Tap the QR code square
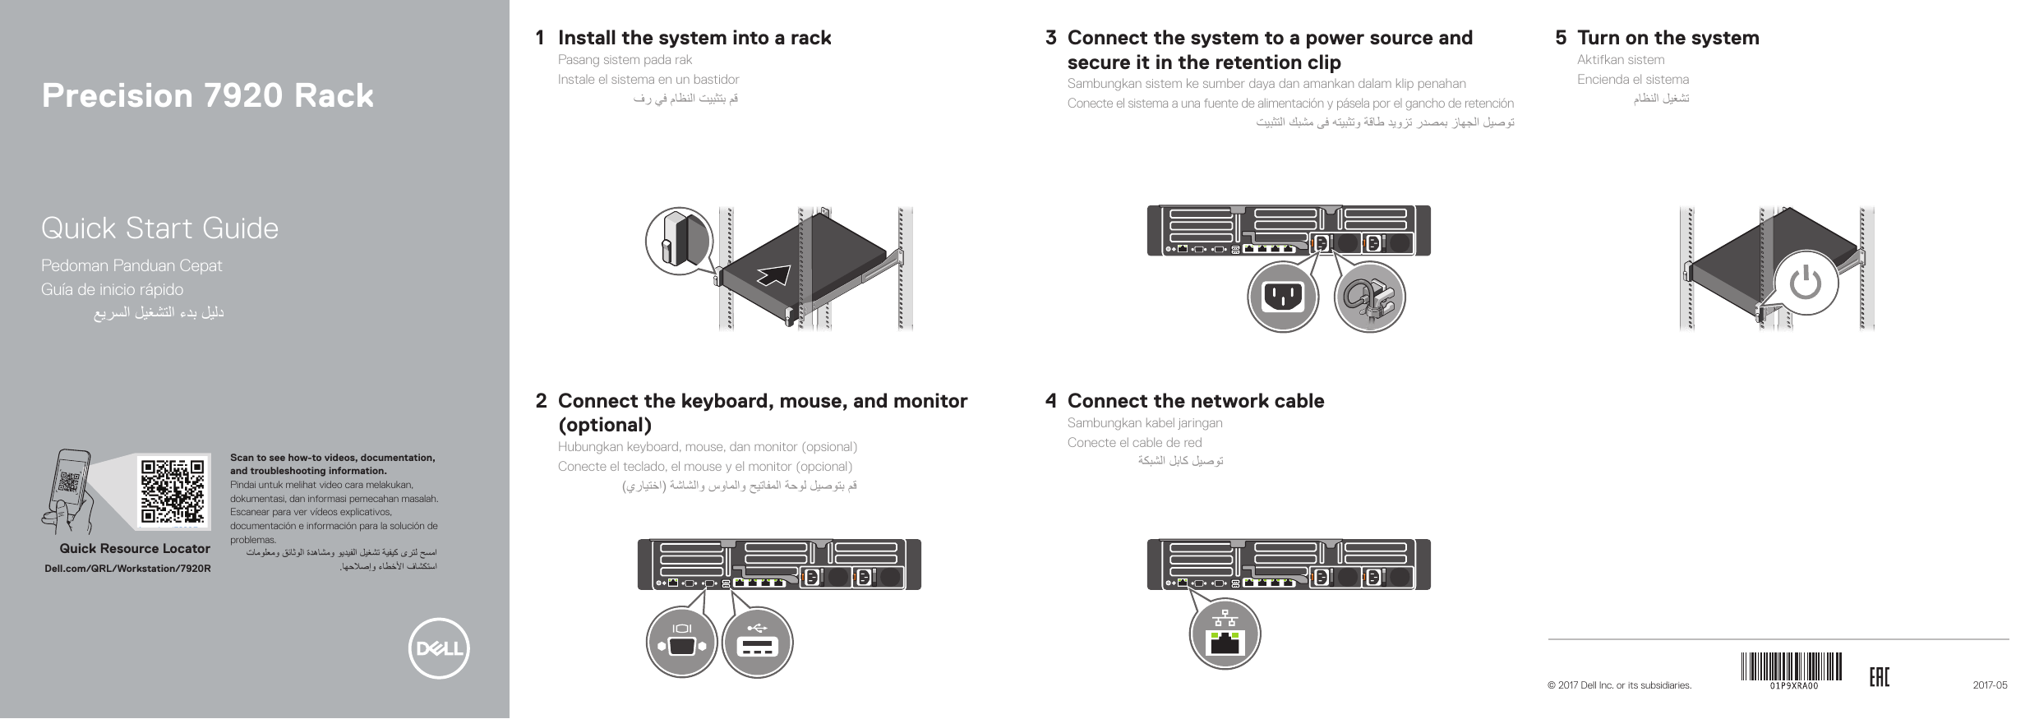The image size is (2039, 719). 173,491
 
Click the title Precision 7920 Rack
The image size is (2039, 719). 208,96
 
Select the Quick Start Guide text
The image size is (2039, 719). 160,228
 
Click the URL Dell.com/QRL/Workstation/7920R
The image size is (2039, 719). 127,569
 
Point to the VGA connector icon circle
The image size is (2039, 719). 681,643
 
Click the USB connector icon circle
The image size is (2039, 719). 757,643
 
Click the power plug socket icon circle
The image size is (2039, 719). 1283,296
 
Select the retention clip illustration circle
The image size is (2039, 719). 1369,296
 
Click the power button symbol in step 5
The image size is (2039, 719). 1805,284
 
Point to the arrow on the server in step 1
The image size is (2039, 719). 776,275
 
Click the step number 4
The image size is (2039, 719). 1050,401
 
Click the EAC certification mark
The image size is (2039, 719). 1879,677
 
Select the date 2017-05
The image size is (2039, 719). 1990,685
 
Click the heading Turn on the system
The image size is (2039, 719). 1668,38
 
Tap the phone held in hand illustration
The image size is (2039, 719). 72,485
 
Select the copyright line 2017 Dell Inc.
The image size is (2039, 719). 1619,685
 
